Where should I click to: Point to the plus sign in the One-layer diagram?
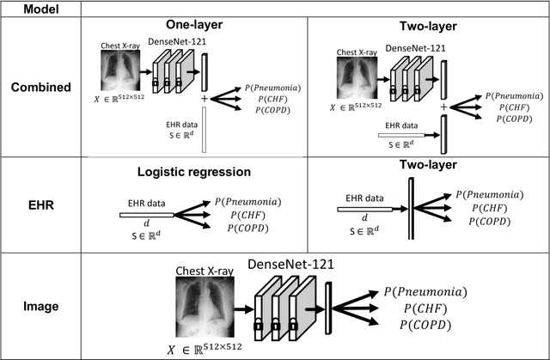click(205, 101)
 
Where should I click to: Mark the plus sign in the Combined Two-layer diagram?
click(443, 107)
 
